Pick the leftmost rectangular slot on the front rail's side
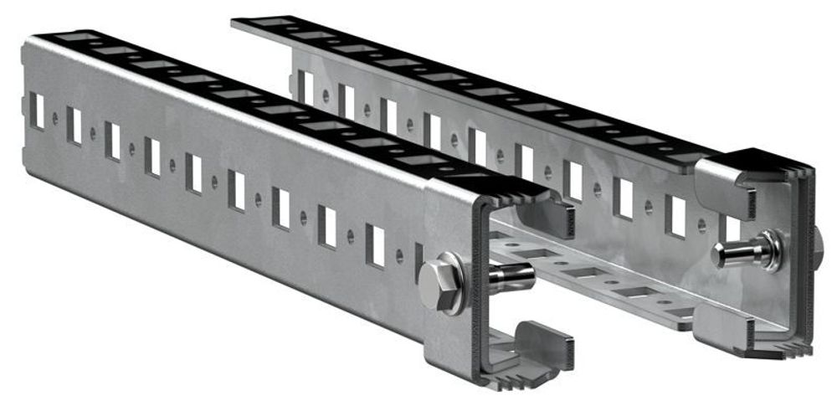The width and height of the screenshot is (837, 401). pyautogui.click(x=37, y=111)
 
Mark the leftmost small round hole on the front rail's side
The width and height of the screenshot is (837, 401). pyautogui.click(x=55, y=119)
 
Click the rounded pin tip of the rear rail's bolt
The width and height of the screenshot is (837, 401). pyautogui.click(x=721, y=252)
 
